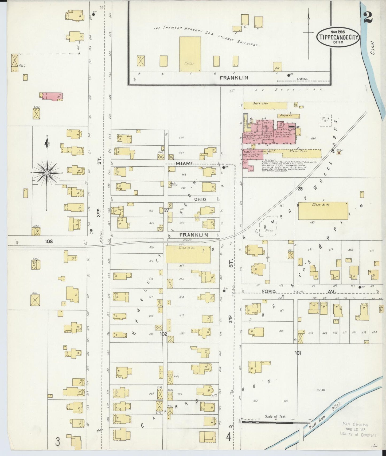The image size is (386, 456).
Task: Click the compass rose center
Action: click(x=47, y=173)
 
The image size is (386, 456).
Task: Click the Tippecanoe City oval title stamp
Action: click(x=338, y=37)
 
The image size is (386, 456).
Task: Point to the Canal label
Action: click(x=373, y=48)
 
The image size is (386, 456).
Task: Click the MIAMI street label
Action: click(x=184, y=163)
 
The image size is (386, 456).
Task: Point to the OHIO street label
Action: click(x=200, y=199)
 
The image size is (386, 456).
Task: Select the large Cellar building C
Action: click(x=190, y=54)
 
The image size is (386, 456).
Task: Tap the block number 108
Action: click(x=49, y=242)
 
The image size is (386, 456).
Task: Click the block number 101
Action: click(x=298, y=353)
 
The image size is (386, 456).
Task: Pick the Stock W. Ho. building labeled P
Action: click(x=323, y=211)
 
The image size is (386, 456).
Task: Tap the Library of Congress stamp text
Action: click(x=357, y=435)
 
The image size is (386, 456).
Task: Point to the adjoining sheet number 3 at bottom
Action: click(x=57, y=442)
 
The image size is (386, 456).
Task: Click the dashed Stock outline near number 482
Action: click(x=268, y=226)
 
